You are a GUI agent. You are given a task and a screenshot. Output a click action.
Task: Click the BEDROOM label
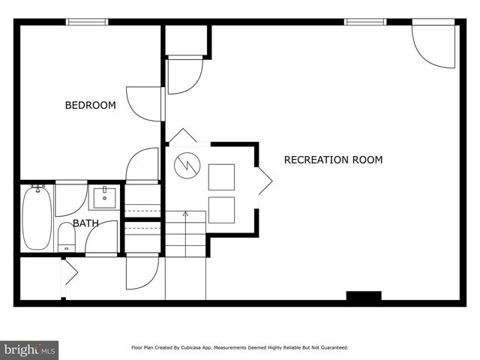point(90,106)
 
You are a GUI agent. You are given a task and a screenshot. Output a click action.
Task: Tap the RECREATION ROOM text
point(333,160)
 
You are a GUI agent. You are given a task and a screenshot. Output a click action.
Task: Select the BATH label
point(85,223)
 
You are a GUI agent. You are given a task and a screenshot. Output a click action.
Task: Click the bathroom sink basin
point(103,197)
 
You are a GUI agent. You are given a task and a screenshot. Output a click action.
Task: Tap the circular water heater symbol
point(187,166)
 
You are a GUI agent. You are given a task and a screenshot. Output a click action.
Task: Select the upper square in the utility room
point(221,177)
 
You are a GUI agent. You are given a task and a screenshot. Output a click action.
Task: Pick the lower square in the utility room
point(221,210)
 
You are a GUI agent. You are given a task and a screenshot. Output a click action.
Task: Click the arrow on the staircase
point(185,215)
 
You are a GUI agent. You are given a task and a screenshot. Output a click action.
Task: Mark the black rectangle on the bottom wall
point(364,296)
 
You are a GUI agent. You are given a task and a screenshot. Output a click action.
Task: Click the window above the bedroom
point(88,22)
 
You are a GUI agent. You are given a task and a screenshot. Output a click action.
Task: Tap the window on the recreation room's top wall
point(365,22)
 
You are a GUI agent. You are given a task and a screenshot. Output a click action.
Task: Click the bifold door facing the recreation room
point(264,181)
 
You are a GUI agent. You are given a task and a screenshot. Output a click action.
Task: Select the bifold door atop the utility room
point(182,137)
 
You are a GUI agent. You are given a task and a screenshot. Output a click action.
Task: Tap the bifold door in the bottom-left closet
point(70,272)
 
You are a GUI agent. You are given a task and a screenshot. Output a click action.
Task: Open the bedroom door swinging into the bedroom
point(145,103)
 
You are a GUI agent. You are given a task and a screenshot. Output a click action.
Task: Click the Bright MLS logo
point(29,349)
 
